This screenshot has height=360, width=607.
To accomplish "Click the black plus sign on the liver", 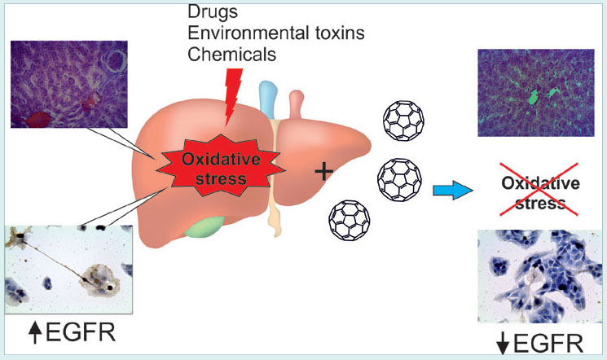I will pos(324,171).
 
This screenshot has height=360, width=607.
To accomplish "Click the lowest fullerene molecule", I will pos(349,222).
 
